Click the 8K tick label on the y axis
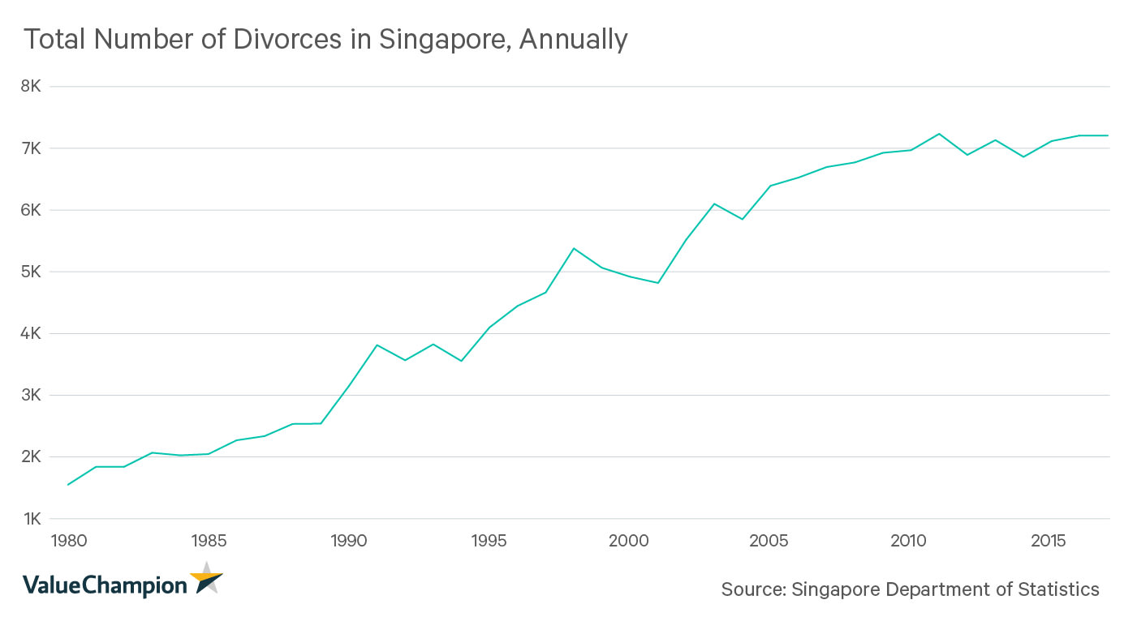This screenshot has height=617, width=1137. coord(35,87)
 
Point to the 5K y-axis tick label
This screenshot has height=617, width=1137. coord(35,272)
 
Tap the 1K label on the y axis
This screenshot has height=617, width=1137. coord(35,519)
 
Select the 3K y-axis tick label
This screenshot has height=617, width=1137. coord(35,396)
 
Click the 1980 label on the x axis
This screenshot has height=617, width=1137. coord(67,540)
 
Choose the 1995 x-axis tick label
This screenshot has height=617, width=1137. coord(489,540)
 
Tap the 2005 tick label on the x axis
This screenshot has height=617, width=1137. coord(769,540)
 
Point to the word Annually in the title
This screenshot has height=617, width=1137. coord(573,39)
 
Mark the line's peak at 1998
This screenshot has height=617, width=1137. coord(574,248)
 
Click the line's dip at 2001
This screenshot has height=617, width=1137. coord(657,283)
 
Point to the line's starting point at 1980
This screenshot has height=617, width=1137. coord(67,485)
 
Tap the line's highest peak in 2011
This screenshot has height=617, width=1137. coord(938,134)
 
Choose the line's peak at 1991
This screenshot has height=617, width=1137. coord(377,345)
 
